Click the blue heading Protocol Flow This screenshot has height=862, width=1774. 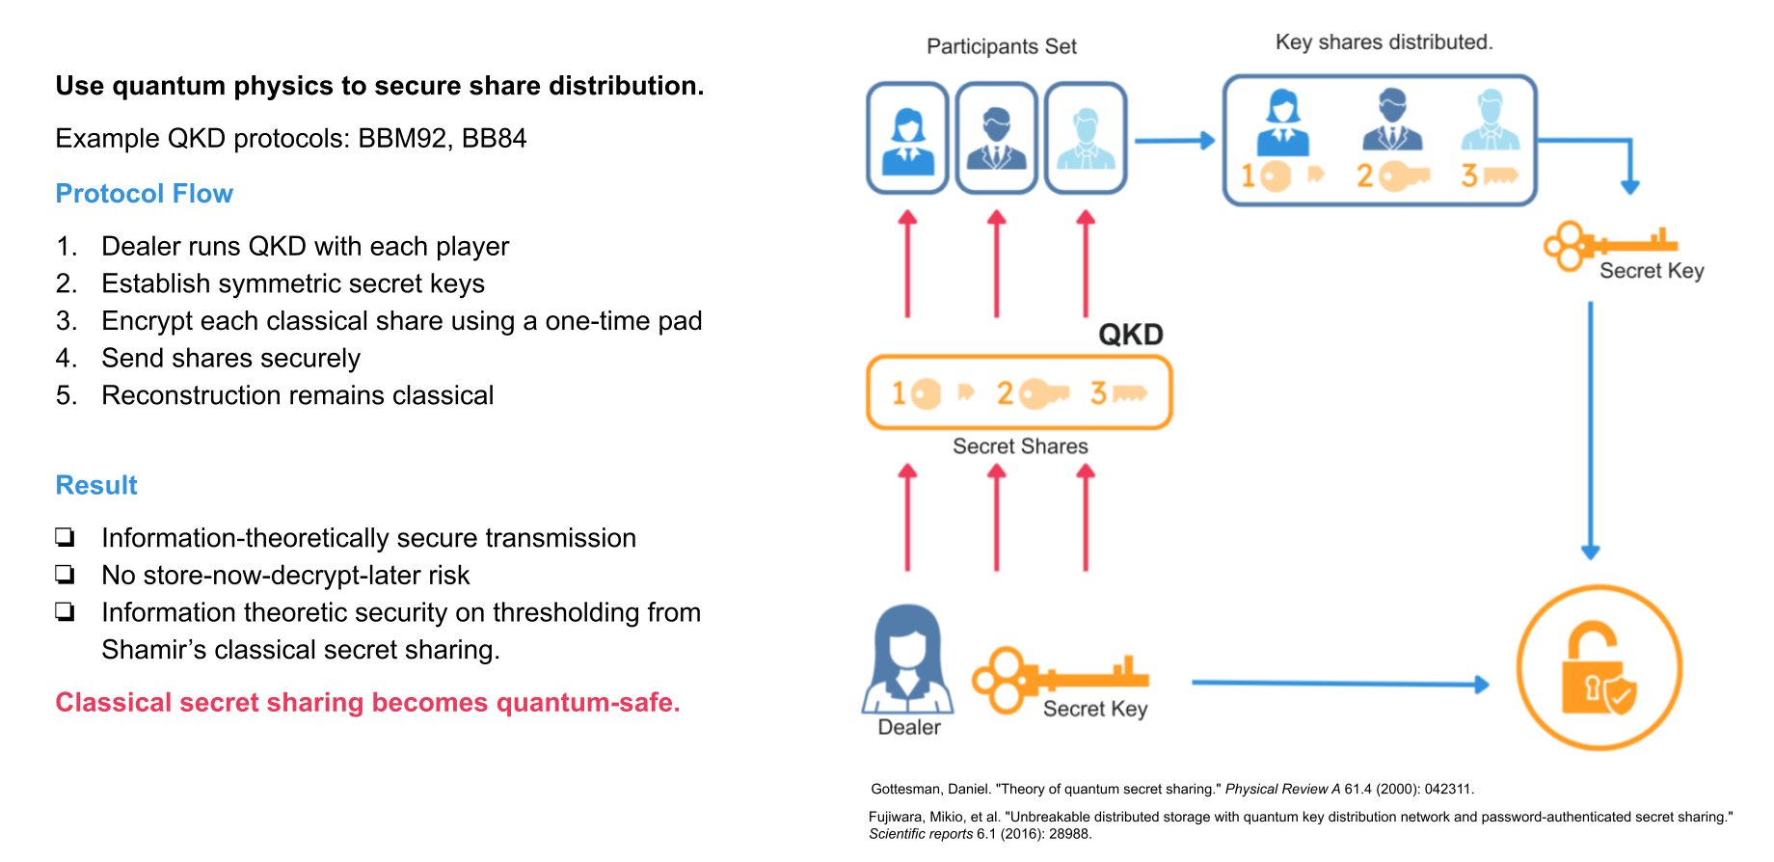click(144, 194)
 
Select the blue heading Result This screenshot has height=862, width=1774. click(96, 485)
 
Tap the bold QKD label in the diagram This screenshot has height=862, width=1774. click(1130, 335)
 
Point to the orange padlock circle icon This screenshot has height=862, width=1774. click(1599, 667)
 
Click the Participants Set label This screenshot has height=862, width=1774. click(1001, 46)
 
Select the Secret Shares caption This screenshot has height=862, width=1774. click(1020, 446)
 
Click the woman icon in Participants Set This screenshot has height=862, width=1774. click(907, 139)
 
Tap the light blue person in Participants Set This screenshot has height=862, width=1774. click(1086, 139)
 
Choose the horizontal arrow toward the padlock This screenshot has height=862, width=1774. click(1340, 684)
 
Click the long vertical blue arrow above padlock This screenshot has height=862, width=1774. click(1590, 429)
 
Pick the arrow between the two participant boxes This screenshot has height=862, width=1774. click(1173, 141)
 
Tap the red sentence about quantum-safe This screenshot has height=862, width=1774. click(367, 703)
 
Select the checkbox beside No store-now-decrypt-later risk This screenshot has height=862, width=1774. click(65, 575)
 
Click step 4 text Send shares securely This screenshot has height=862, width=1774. click(230, 359)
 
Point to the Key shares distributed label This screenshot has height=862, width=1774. click(1384, 42)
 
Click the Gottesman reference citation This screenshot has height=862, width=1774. click(1171, 789)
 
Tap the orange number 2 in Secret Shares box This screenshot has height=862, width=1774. click(1006, 393)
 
